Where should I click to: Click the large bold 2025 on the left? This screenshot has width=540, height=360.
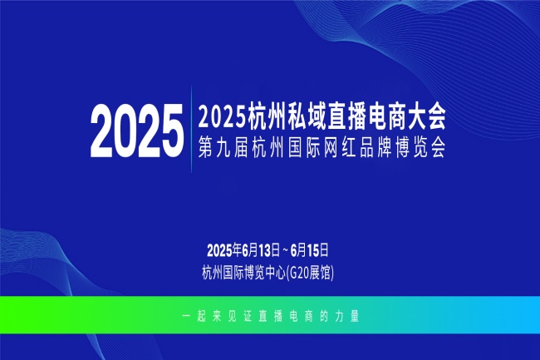[x=136, y=131]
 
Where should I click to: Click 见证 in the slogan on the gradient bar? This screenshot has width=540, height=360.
[x=238, y=318]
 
